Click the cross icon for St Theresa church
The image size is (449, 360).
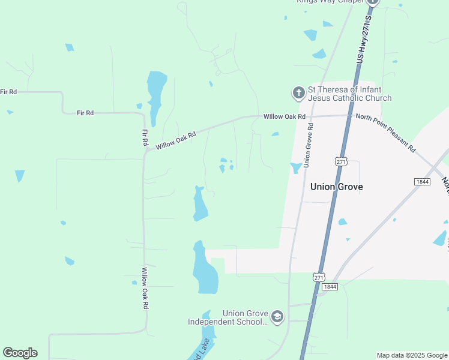[x=298, y=93]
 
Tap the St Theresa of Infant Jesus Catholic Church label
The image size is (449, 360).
[x=349, y=94]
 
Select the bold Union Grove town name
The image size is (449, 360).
[x=336, y=187]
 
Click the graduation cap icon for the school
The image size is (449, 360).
[x=277, y=317]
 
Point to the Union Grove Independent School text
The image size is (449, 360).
[x=228, y=317]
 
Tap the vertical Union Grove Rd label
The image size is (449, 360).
[x=309, y=146]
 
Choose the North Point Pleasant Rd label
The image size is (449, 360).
[x=385, y=131]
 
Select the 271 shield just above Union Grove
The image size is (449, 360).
[x=341, y=162]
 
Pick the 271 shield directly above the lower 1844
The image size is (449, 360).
[x=319, y=277]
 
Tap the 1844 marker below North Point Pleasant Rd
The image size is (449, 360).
[x=422, y=181]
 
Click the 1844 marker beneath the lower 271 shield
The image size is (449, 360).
[x=329, y=287]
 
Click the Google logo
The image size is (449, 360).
[x=20, y=353]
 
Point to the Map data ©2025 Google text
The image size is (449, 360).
[x=412, y=355]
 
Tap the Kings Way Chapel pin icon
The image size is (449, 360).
[x=372, y=2]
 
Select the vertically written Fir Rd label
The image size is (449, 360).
[x=145, y=138]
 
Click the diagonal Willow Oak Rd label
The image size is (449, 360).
[x=176, y=141]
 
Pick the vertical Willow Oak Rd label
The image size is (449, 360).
[x=145, y=288]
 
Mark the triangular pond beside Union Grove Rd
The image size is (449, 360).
[x=296, y=168]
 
